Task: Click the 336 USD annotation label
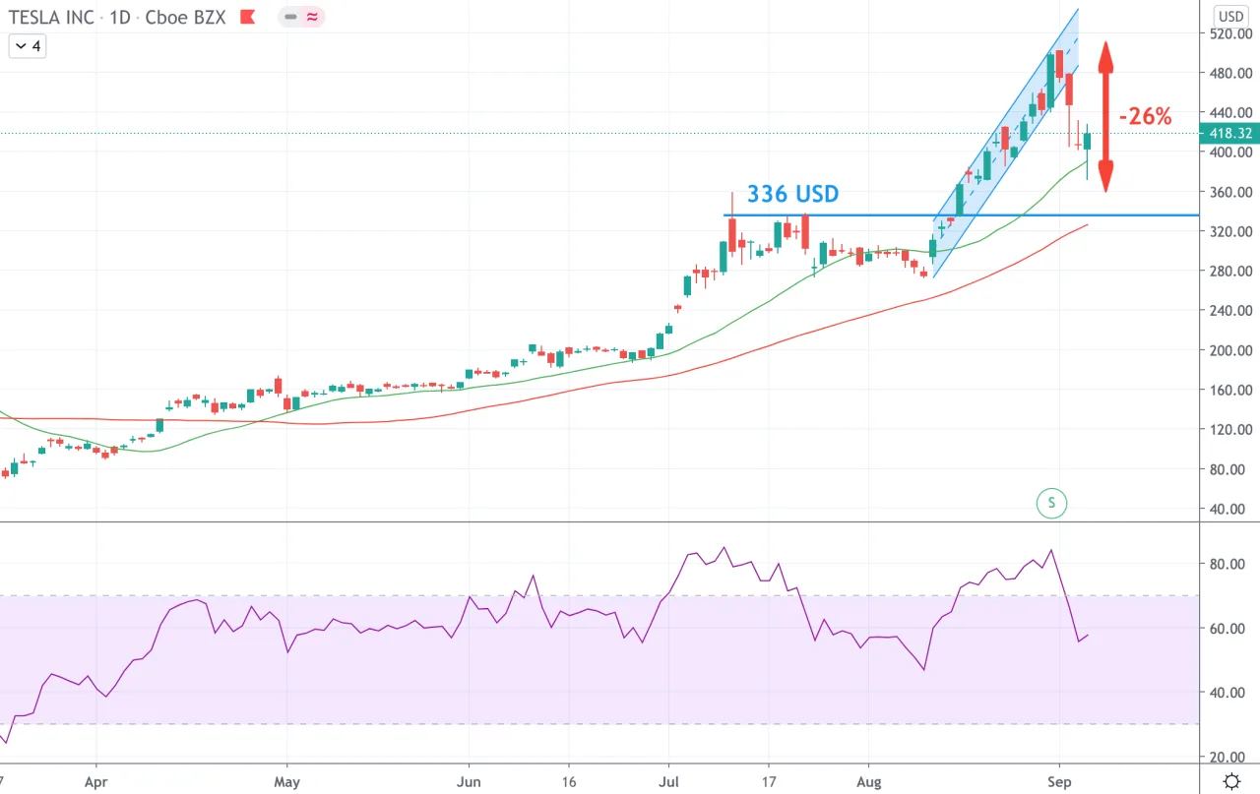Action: point(792,194)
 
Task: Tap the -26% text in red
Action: point(1145,116)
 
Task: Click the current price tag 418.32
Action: point(1230,133)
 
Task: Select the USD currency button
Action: point(1230,17)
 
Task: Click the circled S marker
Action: point(1051,503)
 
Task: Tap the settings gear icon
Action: point(1231,781)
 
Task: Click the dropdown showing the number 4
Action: point(28,46)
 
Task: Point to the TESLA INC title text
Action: point(51,18)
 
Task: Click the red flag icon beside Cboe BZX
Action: point(247,17)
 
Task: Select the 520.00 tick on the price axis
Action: point(1230,33)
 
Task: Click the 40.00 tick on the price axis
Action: point(1227,509)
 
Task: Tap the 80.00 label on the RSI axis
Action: point(1227,564)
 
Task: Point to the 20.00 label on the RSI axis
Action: point(1227,757)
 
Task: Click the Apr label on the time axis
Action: point(96,781)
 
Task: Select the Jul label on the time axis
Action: point(668,781)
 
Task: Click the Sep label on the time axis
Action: point(1060,781)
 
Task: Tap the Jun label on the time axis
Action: point(469,781)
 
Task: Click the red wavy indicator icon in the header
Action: point(312,17)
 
